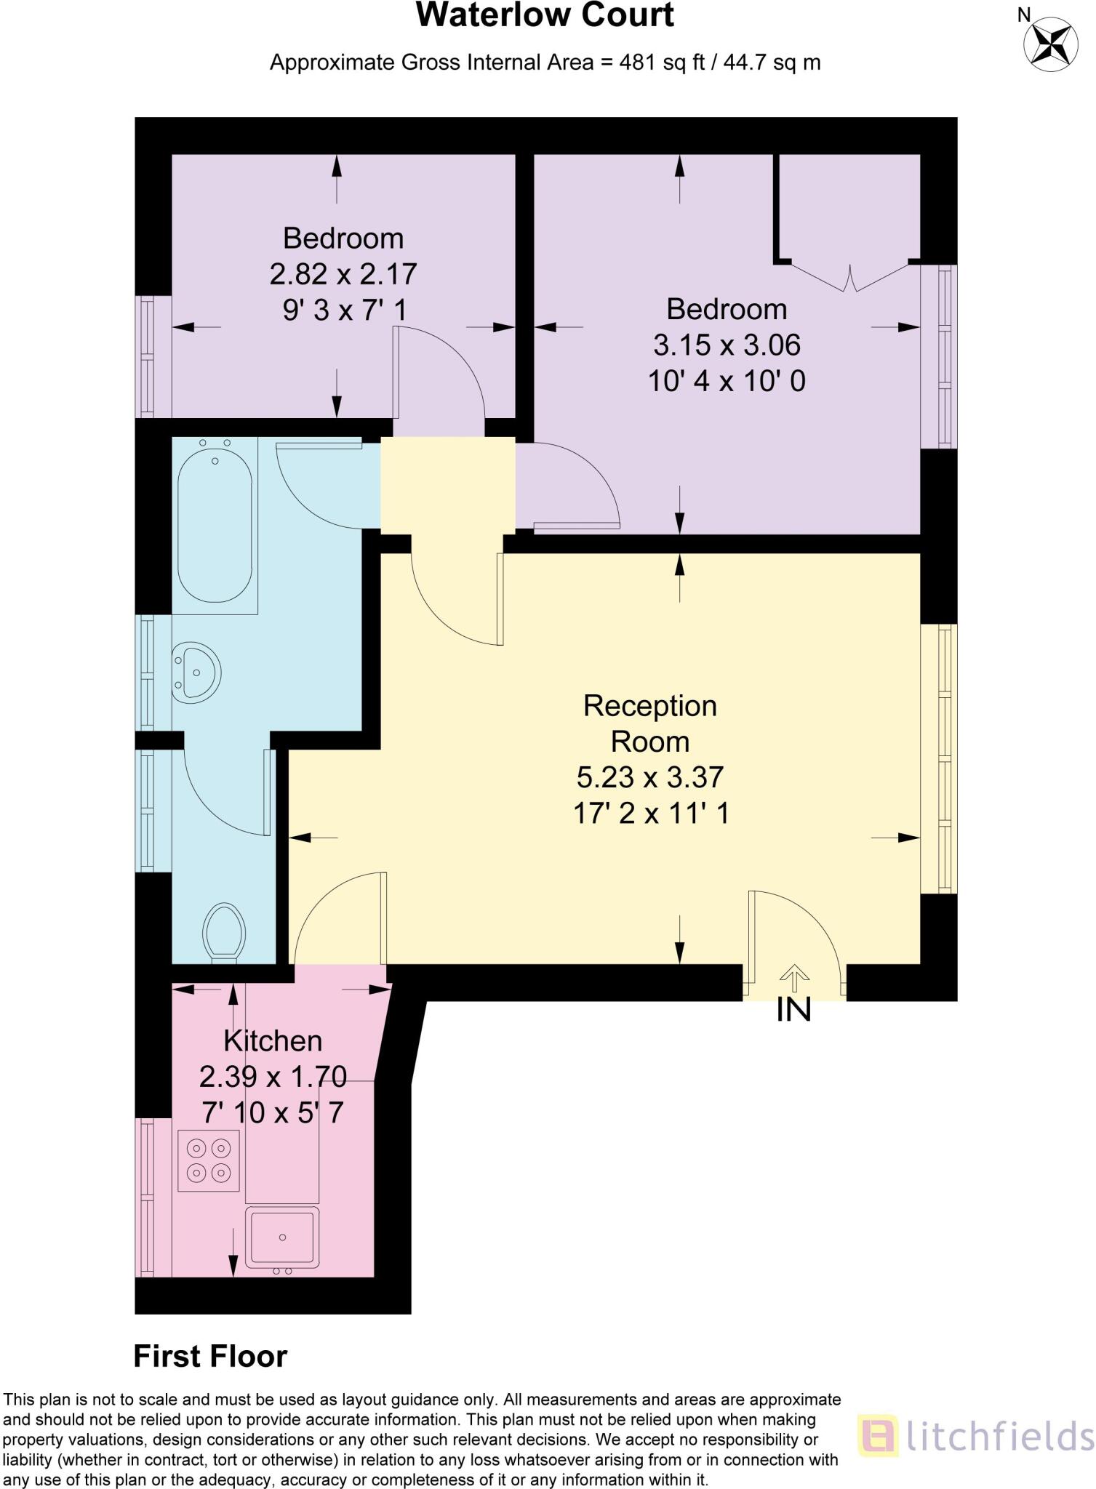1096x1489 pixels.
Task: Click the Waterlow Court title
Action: pos(545,16)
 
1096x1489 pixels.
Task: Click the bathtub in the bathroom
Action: pos(215,525)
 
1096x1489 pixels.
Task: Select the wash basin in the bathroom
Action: pos(197,673)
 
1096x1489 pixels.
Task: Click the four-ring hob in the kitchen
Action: pos(209,1160)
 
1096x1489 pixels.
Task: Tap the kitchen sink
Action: pos(282,1237)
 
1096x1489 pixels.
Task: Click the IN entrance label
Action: pos(793,1009)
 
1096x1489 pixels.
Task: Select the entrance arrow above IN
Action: pos(794,978)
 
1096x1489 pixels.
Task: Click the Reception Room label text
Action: pos(649,723)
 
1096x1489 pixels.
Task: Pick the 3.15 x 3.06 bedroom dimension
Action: pos(727,345)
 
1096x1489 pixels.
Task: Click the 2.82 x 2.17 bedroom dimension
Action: pos(343,274)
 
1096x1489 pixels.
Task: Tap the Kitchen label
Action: pos(273,1040)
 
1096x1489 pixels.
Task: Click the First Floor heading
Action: pos(210,1356)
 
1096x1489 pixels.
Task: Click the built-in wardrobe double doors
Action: pos(849,278)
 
